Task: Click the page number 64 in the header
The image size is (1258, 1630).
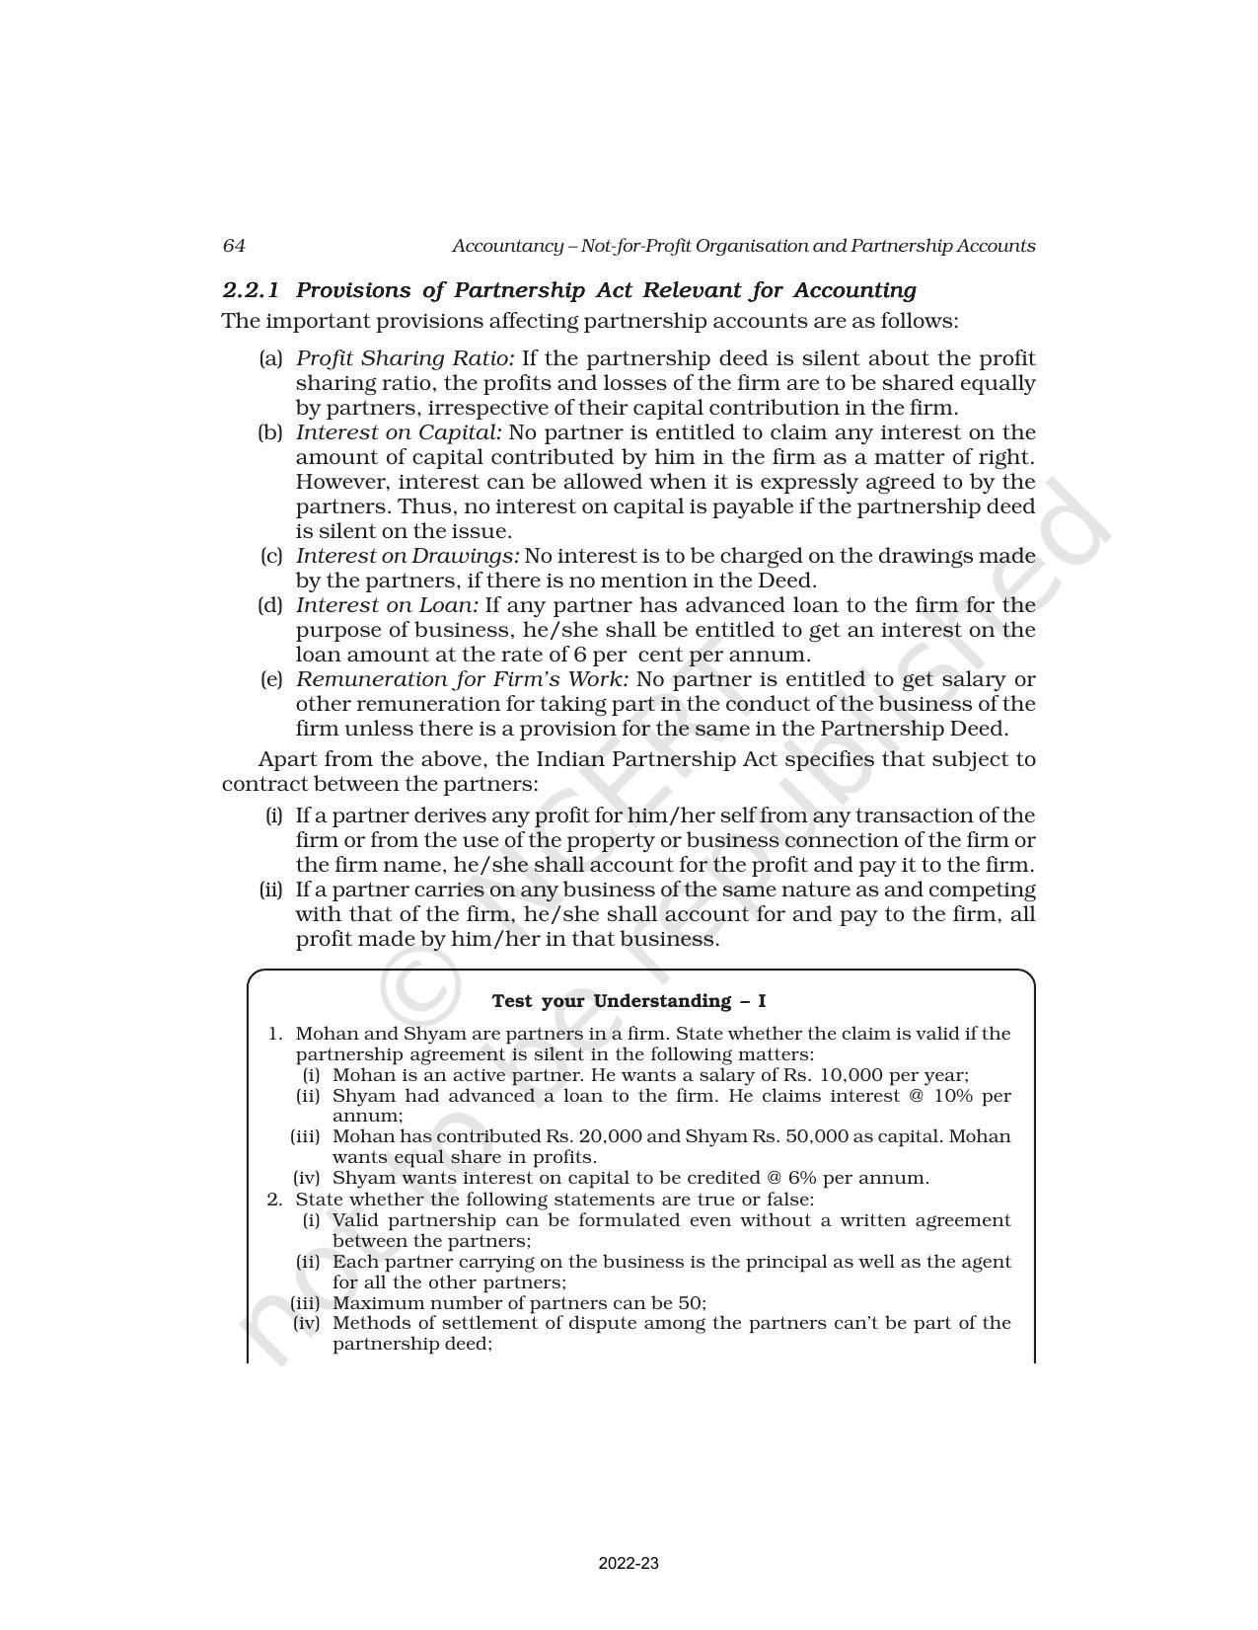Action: click(234, 246)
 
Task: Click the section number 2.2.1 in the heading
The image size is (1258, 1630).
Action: click(251, 290)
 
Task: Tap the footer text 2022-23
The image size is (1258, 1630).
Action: click(629, 1564)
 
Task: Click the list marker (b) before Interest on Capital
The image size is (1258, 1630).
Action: click(270, 432)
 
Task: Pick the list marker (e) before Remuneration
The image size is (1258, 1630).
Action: click(271, 679)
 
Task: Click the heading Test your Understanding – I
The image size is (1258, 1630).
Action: click(629, 1001)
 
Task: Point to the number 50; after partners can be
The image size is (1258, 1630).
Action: click(694, 1302)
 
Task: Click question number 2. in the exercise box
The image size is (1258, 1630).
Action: click(275, 1200)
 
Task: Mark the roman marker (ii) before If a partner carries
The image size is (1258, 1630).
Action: click(270, 890)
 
